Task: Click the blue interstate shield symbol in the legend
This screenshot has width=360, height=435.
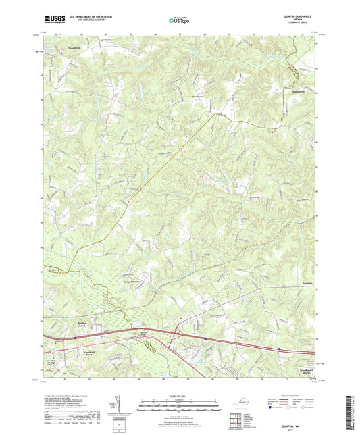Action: pyautogui.click(x=271, y=408)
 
